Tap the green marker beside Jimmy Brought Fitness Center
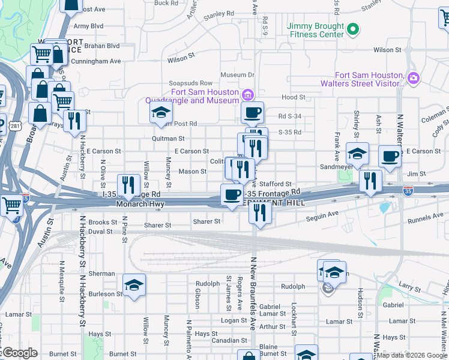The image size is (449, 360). coord(354,28)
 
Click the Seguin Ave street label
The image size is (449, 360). coord(323,214)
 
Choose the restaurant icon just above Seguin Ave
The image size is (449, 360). coord(260,212)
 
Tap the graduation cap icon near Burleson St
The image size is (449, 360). coord(134,284)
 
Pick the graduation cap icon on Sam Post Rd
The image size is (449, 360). coord(160,112)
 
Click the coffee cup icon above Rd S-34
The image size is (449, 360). coord(253,112)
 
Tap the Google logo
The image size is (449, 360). coord(20,353)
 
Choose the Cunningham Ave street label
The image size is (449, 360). coord(95,61)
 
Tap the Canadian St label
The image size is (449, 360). coord(213,340)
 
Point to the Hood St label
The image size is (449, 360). coord(293,97)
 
